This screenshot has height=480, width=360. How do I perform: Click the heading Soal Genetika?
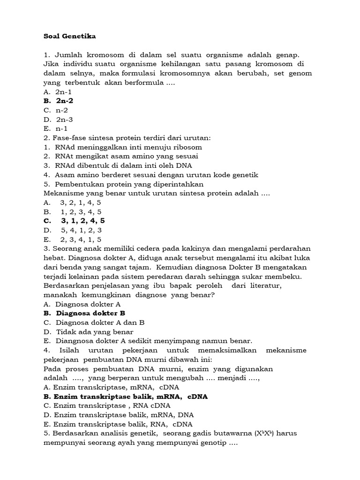tap(69, 36)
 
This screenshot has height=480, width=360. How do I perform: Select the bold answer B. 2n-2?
tap(59, 101)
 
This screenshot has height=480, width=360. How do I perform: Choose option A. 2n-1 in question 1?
tap(58, 92)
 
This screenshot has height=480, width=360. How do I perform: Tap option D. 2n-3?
tap(59, 119)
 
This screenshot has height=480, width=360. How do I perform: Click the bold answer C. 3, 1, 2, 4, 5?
tap(74, 221)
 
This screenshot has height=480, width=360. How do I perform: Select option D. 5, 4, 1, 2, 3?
tap(73, 230)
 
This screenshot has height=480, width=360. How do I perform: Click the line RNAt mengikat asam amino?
tap(121, 156)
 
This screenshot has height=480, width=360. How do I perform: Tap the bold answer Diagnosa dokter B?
tap(84, 313)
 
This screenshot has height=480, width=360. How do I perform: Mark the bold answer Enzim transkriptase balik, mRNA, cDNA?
tap(126, 397)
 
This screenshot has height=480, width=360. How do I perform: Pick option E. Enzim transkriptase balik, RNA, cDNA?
tap(118, 424)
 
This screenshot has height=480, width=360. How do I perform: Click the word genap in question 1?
tap(286, 55)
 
